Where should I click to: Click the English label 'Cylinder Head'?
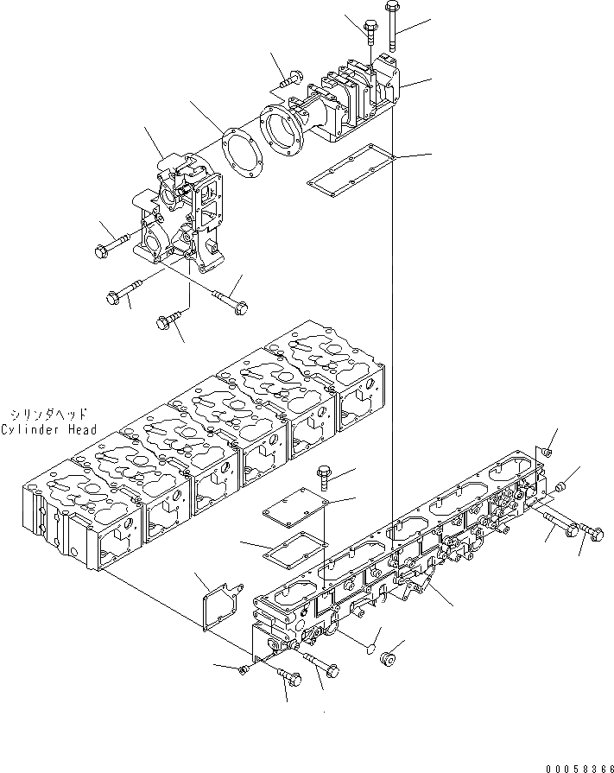tap(48, 430)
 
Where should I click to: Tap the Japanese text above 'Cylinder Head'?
tap(46, 415)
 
